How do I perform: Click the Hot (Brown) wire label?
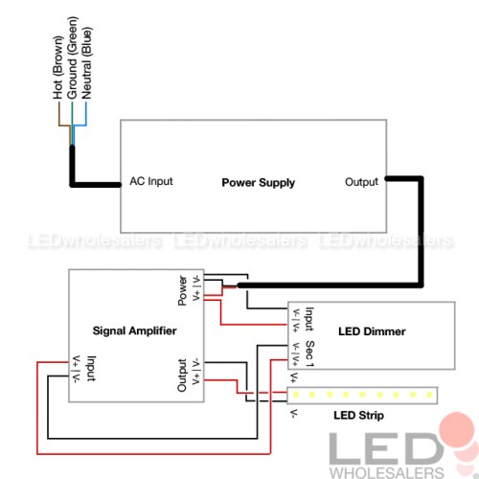(x=57, y=68)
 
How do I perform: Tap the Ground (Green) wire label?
(x=72, y=57)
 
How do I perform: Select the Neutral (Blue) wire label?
(x=86, y=63)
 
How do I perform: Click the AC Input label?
(x=151, y=181)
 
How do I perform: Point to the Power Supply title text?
(x=259, y=183)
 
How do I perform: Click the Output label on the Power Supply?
(x=361, y=182)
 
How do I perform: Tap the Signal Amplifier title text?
(x=134, y=331)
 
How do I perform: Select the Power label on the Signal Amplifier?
(x=182, y=290)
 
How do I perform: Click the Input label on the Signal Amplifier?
(x=91, y=369)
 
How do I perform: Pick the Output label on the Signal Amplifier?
(x=182, y=376)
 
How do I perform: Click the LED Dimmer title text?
(x=372, y=331)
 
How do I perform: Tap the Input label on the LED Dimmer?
(x=309, y=319)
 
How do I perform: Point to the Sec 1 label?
(x=310, y=354)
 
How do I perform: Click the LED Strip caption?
(x=359, y=415)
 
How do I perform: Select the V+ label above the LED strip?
(x=294, y=377)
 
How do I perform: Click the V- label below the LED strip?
(x=294, y=413)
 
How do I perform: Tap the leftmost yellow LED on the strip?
(x=296, y=395)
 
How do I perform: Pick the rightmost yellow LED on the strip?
(x=429, y=395)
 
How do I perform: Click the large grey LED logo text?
(x=386, y=448)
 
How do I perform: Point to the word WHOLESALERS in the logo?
(x=387, y=473)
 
